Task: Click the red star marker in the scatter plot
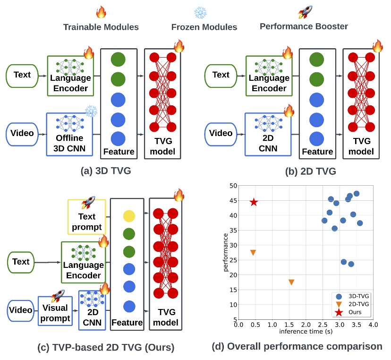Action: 254,202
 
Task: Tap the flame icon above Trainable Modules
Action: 101,12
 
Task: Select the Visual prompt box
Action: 55,310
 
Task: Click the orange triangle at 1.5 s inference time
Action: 291,282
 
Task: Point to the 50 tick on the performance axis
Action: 233,186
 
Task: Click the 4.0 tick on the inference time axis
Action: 373,325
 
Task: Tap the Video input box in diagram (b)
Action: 221,133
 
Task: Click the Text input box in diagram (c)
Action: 21,262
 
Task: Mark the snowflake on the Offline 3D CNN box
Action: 90,111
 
